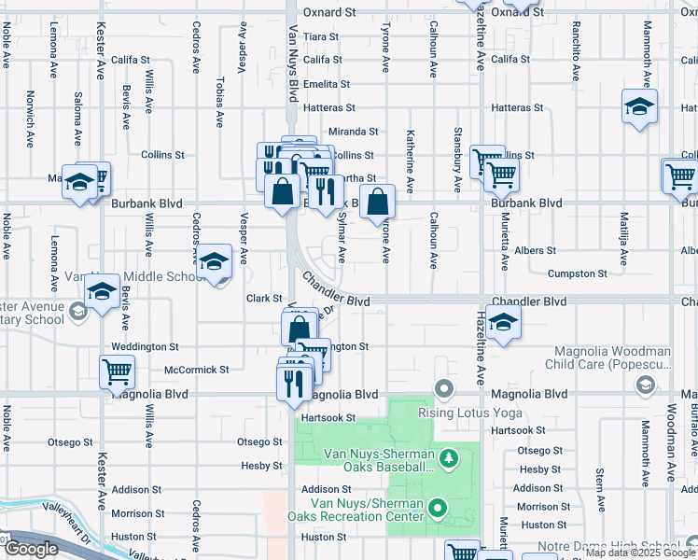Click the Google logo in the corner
(x=31, y=549)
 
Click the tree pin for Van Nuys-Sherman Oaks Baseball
(x=449, y=457)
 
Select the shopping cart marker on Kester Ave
(x=118, y=371)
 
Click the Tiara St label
(x=321, y=36)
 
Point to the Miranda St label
(x=353, y=132)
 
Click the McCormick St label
(x=197, y=370)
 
